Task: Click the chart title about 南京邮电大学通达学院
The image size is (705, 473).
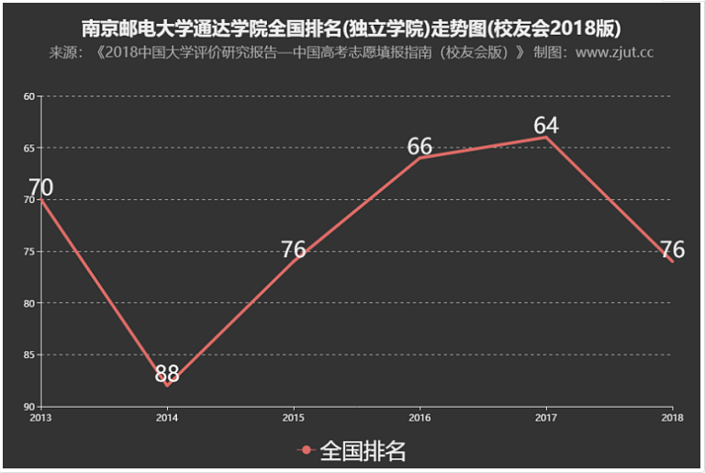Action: click(x=352, y=26)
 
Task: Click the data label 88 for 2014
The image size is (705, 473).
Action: click(x=167, y=374)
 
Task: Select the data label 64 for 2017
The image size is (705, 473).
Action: click(x=546, y=125)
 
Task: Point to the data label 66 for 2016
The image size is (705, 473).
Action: click(x=420, y=146)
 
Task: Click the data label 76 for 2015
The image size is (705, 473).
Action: click(x=293, y=249)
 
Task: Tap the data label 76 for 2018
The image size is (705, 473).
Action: click(x=672, y=249)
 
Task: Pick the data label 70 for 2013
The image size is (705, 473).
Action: click(x=40, y=187)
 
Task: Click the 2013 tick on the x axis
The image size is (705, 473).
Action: click(x=40, y=418)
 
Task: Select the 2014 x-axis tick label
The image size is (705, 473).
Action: click(x=167, y=418)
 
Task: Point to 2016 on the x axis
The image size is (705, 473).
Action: click(x=420, y=418)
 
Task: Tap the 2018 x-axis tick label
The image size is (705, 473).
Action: click(x=672, y=418)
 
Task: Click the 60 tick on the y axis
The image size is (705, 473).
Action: click(x=28, y=96)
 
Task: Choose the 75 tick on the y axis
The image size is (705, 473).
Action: click(x=28, y=251)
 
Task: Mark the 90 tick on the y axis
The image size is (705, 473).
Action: click(x=28, y=406)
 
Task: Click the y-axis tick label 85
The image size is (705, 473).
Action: click(x=28, y=355)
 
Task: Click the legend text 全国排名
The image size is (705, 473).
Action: click(x=363, y=451)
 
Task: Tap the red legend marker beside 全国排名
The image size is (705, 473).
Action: click(x=308, y=451)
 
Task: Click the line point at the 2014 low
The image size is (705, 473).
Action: click(x=167, y=386)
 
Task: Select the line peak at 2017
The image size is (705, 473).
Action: click(x=546, y=137)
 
